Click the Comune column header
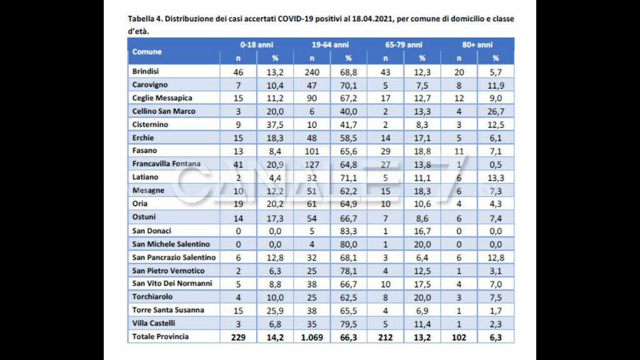point(147,51)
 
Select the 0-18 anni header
point(256,45)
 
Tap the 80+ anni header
point(477,45)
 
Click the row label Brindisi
point(146,71)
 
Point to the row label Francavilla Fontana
point(166,164)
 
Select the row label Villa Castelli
point(153,323)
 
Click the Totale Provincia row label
point(161,337)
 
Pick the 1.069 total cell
point(312,337)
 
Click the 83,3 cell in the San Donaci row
point(349,231)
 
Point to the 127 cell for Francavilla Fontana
point(312,164)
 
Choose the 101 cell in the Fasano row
point(312,151)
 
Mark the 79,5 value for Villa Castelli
point(349,324)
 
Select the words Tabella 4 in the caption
point(146,19)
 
